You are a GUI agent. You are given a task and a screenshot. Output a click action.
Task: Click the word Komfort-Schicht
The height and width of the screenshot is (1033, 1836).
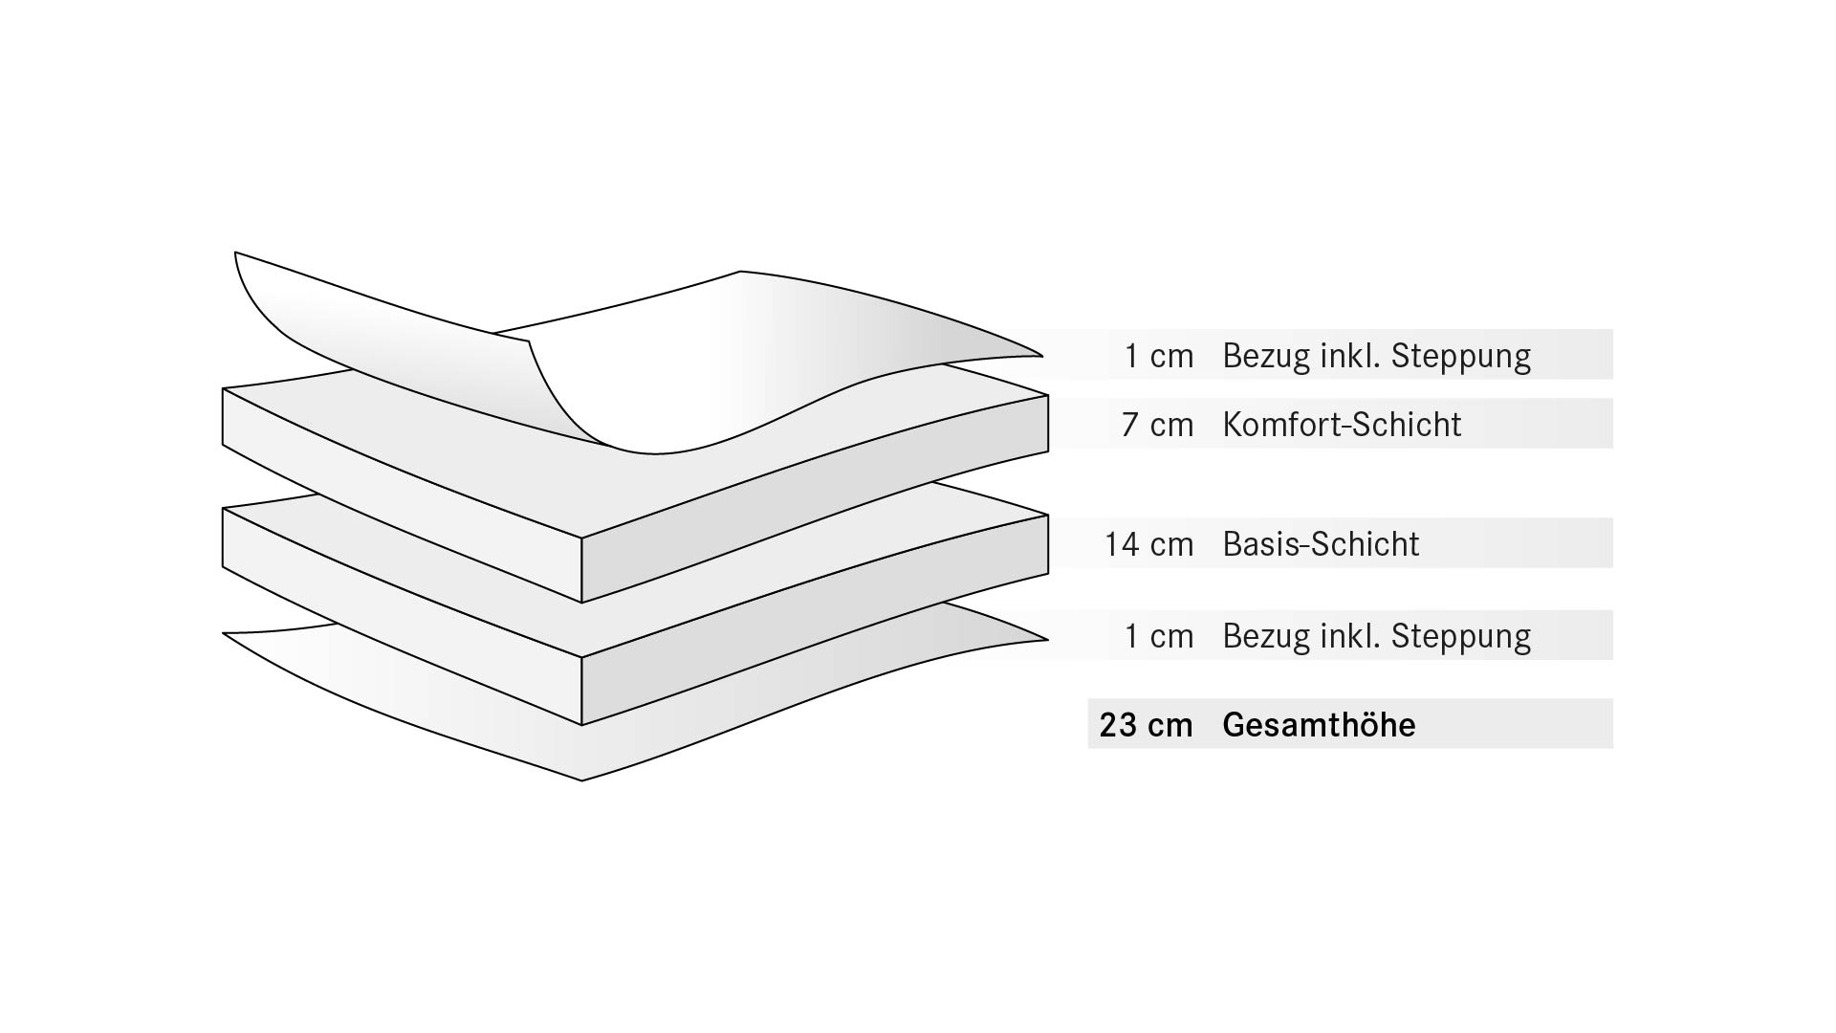click(1342, 424)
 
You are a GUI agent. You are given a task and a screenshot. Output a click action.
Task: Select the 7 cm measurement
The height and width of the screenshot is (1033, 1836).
click(1158, 424)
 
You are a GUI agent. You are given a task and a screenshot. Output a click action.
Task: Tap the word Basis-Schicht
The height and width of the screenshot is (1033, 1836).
click(1321, 543)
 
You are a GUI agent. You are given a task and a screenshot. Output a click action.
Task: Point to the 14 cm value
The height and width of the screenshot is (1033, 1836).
click(1149, 544)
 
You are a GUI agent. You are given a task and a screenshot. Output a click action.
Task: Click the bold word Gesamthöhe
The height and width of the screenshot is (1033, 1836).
click(1319, 724)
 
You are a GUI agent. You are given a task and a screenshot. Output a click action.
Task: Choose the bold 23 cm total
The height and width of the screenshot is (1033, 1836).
click(1147, 725)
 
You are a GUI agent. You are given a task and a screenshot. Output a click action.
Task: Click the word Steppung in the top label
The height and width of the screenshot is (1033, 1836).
click(1461, 356)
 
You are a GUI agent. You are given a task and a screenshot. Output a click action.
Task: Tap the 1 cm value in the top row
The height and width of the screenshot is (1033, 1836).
click(1159, 356)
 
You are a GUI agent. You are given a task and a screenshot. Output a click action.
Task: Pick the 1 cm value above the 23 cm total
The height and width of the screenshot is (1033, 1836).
click(1159, 636)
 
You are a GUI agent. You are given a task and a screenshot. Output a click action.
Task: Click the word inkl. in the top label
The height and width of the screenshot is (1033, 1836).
click(1351, 355)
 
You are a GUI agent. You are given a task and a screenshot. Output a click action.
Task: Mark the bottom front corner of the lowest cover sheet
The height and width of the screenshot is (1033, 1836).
click(581, 780)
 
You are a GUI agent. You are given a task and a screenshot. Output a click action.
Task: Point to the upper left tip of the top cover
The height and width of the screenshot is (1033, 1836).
click(235, 253)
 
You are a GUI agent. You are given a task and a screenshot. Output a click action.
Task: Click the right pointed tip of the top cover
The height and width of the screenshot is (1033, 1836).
click(1041, 356)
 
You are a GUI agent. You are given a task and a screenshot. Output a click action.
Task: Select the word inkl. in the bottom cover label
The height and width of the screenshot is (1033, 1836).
click(1351, 635)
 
